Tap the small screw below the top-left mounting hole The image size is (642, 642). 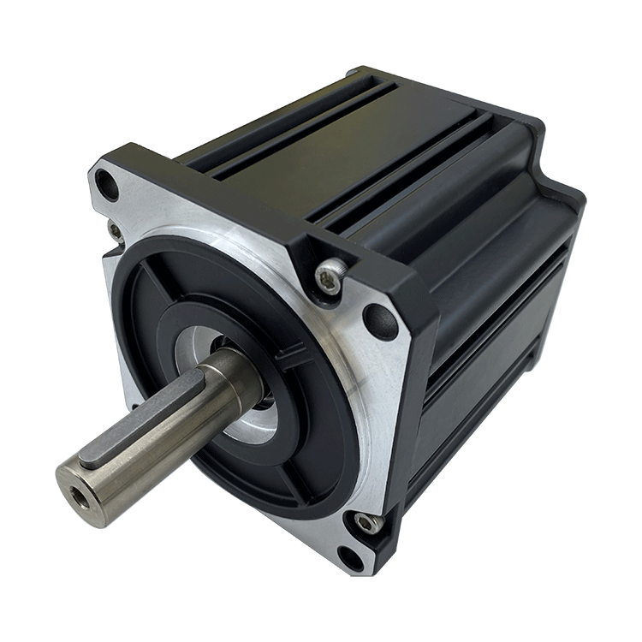115,229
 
